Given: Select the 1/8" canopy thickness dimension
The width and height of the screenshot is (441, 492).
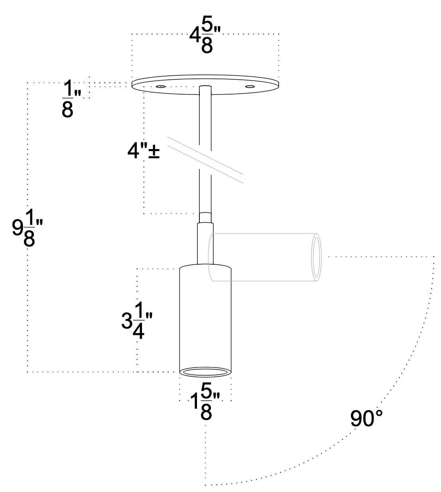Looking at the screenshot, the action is (x=71, y=98).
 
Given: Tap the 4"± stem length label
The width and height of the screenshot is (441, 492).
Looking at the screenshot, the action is (x=143, y=151).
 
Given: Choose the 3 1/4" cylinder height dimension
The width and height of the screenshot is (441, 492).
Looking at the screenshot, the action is (x=137, y=320).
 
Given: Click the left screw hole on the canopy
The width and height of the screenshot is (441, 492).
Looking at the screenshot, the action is (x=161, y=87).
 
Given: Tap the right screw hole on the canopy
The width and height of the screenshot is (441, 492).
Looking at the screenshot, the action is (x=250, y=87).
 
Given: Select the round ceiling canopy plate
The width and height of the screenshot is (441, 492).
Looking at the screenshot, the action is (x=205, y=85).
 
